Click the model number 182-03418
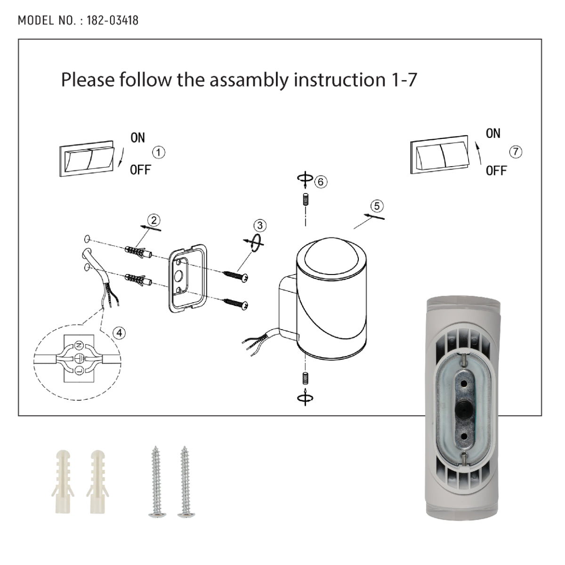[x=113, y=21]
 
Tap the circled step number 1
[x=159, y=153]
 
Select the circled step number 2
[x=153, y=220]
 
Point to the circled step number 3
[x=260, y=226]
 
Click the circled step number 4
[x=119, y=333]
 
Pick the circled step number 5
[x=377, y=206]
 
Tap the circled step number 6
[x=321, y=182]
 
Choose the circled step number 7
[x=516, y=152]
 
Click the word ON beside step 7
[x=493, y=133]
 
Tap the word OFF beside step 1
[x=140, y=170]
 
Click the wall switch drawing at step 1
[x=87, y=159]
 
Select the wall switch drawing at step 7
[x=439, y=154]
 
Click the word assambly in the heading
[x=249, y=80]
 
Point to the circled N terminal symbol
[x=79, y=345]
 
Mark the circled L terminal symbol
[x=79, y=371]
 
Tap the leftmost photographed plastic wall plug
[x=63, y=482]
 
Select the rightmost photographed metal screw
[x=185, y=482]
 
